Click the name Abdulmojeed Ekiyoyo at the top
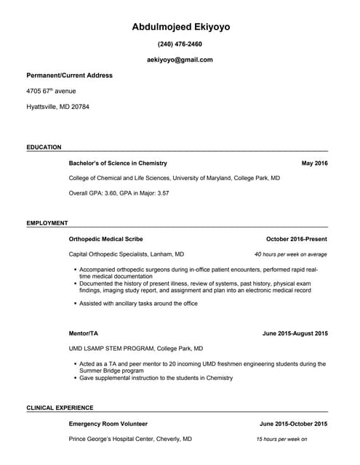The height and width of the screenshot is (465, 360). [180, 27]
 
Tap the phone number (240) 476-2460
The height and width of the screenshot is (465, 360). [180, 44]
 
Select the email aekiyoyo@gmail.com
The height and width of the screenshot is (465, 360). [180, 60]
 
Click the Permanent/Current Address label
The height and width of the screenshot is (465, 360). [69, 75]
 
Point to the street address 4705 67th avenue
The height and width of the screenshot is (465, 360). [51, 91]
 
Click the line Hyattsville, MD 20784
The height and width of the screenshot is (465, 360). [57, 107]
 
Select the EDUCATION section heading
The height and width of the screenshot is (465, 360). [44, 147]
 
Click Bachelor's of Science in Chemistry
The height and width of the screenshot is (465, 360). [118, 163]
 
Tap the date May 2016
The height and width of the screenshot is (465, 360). [314, 163]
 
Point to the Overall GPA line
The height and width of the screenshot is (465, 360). [119, 193]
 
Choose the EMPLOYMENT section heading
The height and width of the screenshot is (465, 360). [47, 223]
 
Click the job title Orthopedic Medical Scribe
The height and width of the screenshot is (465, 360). [105, 239]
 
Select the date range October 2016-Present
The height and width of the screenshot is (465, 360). [296, 239]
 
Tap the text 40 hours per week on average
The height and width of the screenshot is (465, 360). [290, 255]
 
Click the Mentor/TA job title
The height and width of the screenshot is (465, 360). [83, 333]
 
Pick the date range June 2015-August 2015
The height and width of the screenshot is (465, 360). [295, 333]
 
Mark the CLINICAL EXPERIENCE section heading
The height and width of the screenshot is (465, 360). [60, 408]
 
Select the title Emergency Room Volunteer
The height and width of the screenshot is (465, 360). [108, 424]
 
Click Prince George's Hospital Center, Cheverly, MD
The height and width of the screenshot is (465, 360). [130, 440]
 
